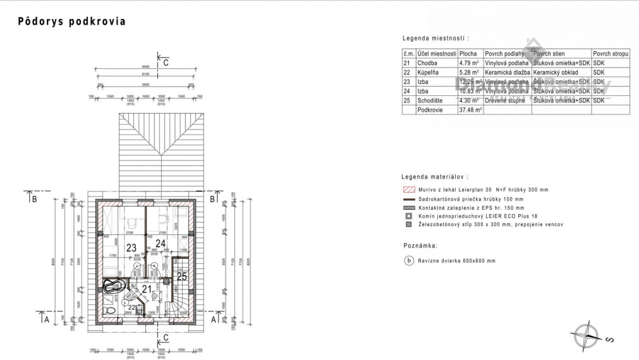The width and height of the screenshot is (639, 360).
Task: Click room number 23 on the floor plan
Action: [x=132, y=248]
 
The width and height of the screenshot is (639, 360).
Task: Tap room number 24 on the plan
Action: [x=161, y=243]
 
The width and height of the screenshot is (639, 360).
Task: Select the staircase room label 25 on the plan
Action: [x=182, y=276]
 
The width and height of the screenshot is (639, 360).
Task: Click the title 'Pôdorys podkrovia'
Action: [x=71, y=21]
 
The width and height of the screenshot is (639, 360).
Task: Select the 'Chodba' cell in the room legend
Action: [x=436, y=63]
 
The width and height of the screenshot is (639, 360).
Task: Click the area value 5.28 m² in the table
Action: [x=470, y=73]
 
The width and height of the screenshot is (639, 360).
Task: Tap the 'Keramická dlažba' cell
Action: [x=507, y=73]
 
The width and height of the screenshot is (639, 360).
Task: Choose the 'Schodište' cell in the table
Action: [x=436, y=100]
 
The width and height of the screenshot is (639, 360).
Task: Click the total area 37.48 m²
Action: [x=470, y=110]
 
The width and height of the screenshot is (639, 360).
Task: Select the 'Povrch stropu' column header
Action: [x=611, y=54]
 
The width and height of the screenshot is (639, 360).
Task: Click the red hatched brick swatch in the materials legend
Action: [x=408, y=189]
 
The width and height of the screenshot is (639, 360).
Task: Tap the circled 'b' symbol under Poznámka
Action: [x=408, y=260]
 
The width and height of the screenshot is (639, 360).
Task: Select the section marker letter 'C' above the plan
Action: [x=166, y=63]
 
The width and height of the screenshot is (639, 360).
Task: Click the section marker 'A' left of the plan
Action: [x=47, y=319]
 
